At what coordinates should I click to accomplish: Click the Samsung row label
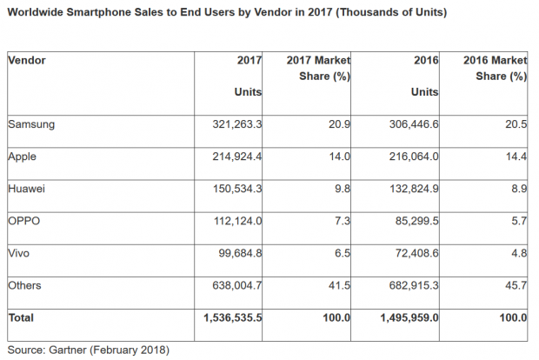[31, 124]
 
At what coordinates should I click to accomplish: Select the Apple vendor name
[24, 157]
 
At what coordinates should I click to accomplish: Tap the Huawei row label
[28, 189]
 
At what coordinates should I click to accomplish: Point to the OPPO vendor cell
[25, 221]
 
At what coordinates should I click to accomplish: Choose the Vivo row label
[21, 253]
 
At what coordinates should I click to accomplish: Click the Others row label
[26, 285]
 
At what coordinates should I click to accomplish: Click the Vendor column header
[27, 60]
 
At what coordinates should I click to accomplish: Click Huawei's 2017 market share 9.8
[341, 189]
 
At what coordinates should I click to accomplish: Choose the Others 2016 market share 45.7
[516, 285]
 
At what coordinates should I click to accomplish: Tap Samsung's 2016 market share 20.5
[516, 124]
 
